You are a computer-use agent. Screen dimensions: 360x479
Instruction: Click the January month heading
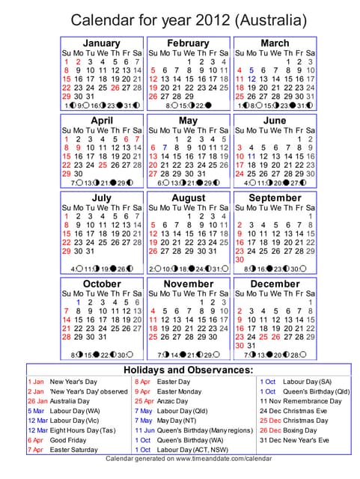[101, 43]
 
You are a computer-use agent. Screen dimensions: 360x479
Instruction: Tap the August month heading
[188, 198]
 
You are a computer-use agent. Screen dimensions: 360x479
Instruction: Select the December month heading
[275, 284]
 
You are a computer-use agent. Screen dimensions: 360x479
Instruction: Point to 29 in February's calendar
[188, 97]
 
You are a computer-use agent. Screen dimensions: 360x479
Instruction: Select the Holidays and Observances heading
[188, 370]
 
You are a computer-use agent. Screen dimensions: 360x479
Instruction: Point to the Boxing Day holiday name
[299, 430]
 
